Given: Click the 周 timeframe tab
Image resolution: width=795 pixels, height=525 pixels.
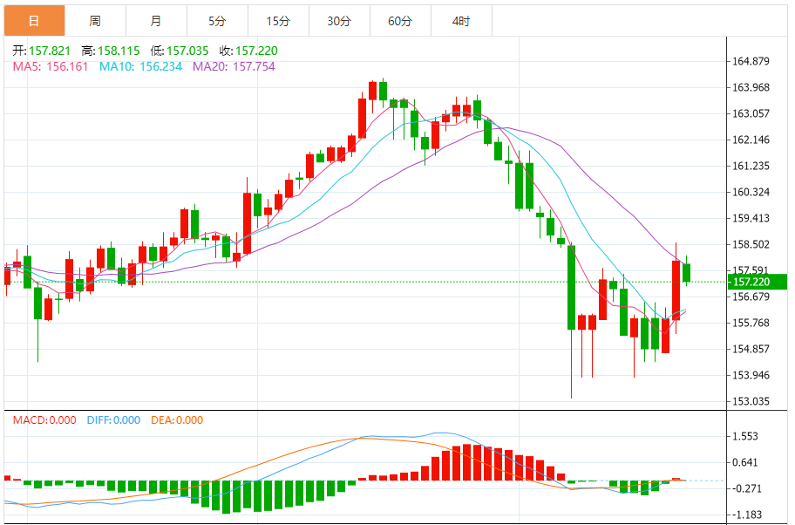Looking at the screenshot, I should point(94,21).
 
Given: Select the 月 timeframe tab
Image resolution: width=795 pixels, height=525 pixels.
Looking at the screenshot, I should point(155,21).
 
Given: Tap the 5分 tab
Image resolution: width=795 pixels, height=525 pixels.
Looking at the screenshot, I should point(217,21).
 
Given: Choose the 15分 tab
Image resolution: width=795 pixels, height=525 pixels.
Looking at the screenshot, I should point(278,21).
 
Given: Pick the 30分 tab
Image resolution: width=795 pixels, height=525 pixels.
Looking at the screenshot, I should point(339,21).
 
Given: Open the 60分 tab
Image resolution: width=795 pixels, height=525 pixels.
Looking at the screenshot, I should point(400,21).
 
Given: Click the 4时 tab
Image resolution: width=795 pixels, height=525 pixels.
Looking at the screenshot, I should point(461,21).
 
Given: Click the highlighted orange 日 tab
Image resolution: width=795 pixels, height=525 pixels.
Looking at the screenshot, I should point(33,21).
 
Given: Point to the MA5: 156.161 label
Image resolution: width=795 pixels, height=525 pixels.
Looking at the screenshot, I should point(50,66).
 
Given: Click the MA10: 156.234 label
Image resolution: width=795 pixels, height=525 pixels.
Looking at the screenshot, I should point(140,66).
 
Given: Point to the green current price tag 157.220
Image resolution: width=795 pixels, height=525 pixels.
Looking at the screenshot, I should point(756,282).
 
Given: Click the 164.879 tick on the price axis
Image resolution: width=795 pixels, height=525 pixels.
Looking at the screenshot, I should point(750,61).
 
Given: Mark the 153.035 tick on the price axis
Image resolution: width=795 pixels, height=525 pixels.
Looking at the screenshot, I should point(750,402).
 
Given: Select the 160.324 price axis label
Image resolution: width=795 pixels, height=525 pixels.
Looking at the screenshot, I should point(750,192).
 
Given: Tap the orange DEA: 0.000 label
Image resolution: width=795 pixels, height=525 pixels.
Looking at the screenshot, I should point(177,420).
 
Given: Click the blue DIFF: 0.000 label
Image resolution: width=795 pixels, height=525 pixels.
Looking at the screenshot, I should point(113,420).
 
